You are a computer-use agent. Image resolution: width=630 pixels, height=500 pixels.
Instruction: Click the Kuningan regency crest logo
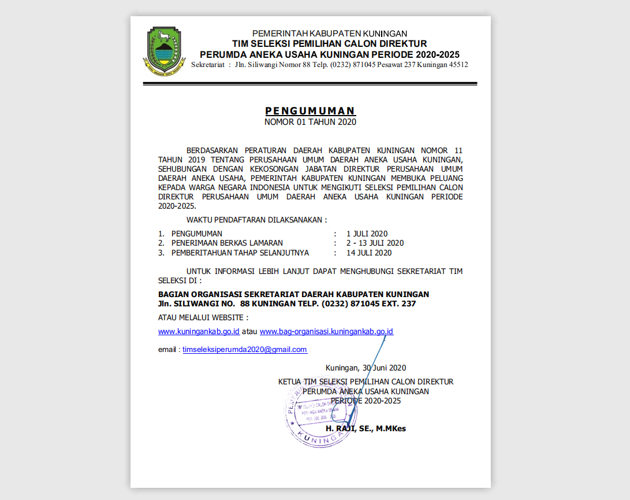pos(164,51)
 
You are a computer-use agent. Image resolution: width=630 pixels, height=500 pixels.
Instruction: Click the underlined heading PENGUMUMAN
pos(310,111)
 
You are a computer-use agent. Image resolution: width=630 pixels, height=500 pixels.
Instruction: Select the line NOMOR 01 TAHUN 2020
pos(310,122)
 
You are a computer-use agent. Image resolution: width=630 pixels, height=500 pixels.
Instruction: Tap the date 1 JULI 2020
pos(367,234)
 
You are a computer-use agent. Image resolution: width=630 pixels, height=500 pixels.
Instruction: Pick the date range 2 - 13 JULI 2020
pos(375,243)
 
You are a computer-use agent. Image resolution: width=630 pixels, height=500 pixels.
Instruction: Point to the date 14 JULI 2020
pos(369,253)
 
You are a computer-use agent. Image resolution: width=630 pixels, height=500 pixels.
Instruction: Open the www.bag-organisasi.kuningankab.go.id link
pos(326,332)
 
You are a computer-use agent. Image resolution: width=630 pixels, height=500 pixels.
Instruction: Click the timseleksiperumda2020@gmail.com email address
pos(245,350)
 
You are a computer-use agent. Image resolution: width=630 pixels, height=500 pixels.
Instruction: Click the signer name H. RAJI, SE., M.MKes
pos(366,428)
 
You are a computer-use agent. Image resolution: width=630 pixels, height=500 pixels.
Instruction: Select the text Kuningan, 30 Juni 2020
pos(366,368)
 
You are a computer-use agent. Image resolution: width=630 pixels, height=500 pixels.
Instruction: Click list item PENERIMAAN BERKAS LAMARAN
pos(227,243)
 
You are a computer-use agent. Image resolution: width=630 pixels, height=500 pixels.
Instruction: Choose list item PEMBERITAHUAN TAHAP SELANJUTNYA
pos(240,253)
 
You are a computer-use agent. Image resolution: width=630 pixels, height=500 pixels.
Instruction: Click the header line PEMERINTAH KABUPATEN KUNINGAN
pos(330,34)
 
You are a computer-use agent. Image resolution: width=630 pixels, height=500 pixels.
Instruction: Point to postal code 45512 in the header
pos(456,65)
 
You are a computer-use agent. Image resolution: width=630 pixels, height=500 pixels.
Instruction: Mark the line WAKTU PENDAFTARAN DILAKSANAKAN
pos(256,220)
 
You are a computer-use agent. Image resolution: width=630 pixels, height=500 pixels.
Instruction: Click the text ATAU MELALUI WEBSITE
pos(203,317)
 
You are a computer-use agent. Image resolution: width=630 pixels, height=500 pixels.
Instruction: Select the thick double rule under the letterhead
pos(310,84)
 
